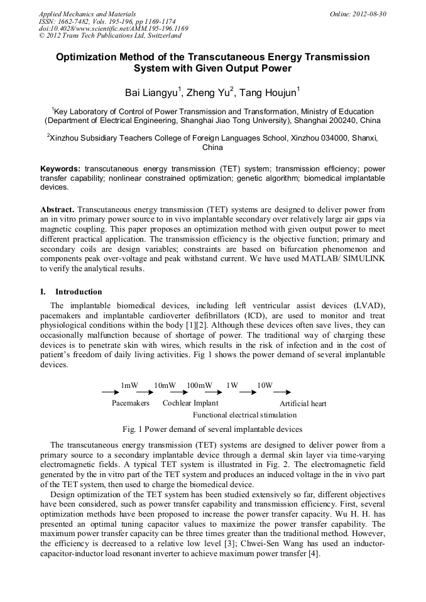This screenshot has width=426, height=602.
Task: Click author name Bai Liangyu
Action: click(x=151, y=94)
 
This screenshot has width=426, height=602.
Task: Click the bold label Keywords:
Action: click(x=60, y=169)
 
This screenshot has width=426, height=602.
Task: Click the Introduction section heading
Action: click(x=79, y=292)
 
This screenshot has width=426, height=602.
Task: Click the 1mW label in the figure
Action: click(x=129, y=385)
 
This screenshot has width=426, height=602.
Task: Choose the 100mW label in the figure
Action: click(x=199, y=385)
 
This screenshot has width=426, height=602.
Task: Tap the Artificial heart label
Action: click(x=303, y=404)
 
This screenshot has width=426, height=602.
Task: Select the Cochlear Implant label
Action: click(x=191, y=403)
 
